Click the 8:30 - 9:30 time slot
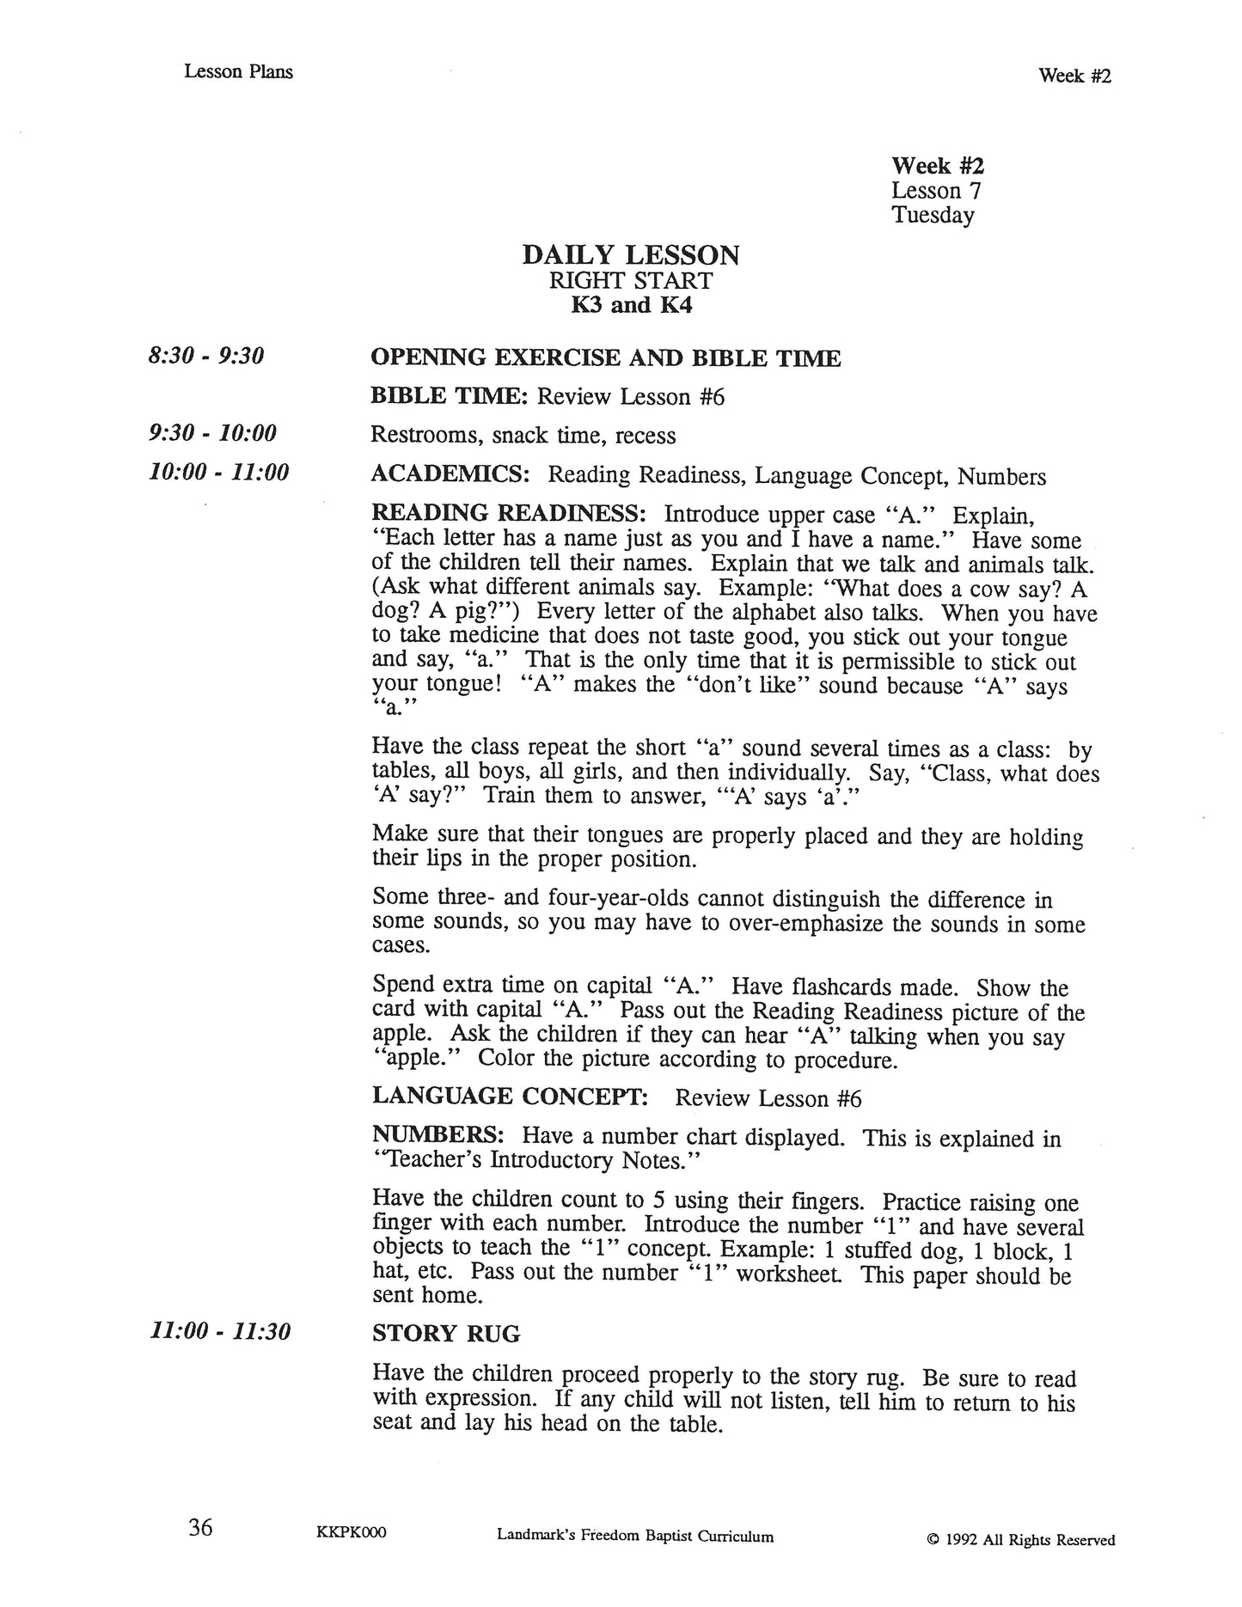click(205, 356)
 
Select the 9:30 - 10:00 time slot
click(212, 432)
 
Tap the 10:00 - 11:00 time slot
click(218, 472)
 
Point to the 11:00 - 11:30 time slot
click(220, 1332)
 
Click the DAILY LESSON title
click(630, 255)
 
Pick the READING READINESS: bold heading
click(508, 514)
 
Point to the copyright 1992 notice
click(1021, 1533)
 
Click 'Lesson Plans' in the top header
click(238, 72)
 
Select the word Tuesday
click(933, 215)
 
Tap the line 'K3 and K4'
click(631, 305)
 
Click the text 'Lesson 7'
click(935, 190)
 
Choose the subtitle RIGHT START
click(631, 281)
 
